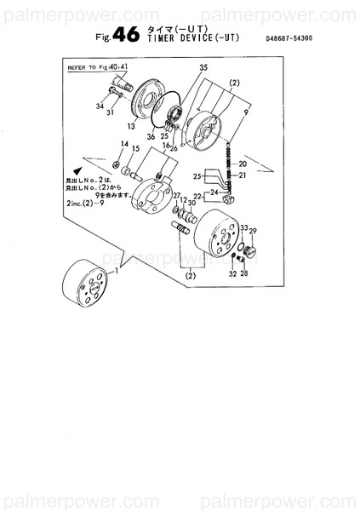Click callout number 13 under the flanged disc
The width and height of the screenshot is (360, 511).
point(132,126)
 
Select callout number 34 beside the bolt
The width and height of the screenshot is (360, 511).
point(100,106)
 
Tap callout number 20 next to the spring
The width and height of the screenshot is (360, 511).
point(242,164)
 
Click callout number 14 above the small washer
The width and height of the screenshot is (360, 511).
point(124,145)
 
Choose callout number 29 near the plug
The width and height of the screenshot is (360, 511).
point(253,232)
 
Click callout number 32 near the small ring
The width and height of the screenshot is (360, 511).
point(231,274)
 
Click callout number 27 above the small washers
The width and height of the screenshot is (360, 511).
point(177,196)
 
